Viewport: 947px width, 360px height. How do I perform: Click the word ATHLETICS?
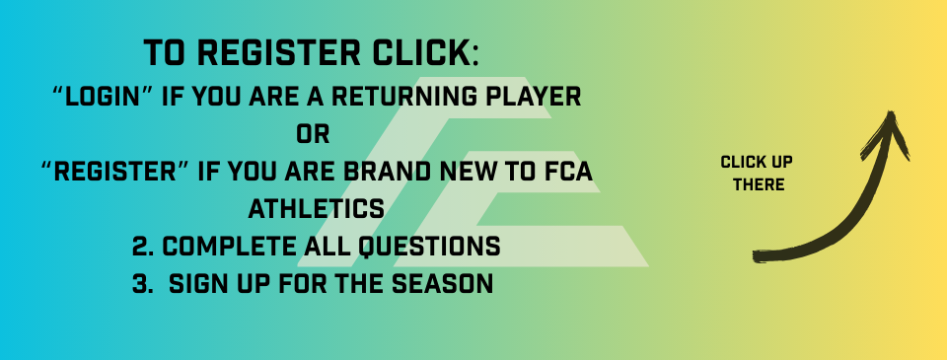point(316,209)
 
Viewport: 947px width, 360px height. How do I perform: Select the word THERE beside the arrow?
point(759,184)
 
